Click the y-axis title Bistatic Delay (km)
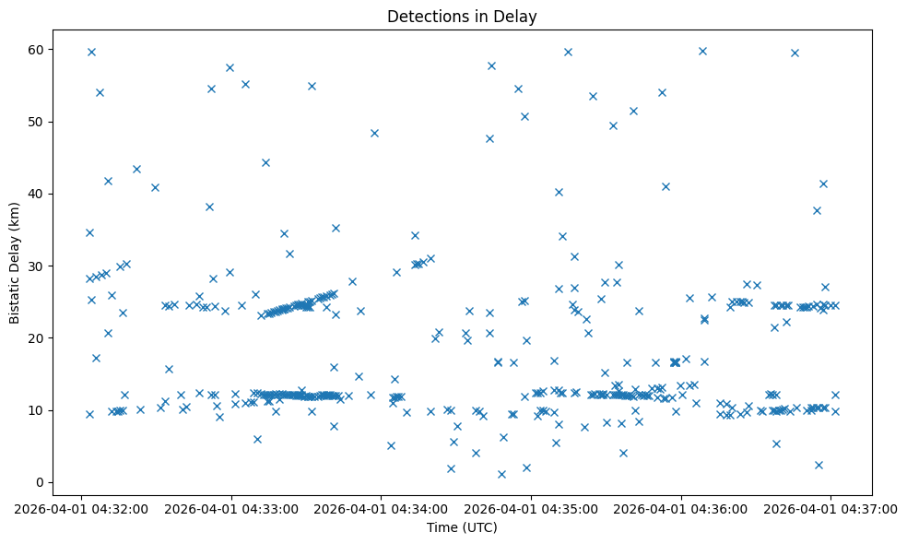pos(15,257)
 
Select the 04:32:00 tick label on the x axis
pos(81,507)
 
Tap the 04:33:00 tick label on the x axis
pos(231,507)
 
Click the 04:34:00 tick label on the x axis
pos(381,507)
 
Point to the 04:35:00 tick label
pos(531,507)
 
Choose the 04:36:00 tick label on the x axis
pos(681,507)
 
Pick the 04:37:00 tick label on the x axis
pos(830,507)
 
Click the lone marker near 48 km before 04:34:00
pos(374,133)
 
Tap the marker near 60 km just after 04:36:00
pos(702,51)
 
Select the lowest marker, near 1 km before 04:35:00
pos(501,474)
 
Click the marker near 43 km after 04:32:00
pos(136,169)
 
